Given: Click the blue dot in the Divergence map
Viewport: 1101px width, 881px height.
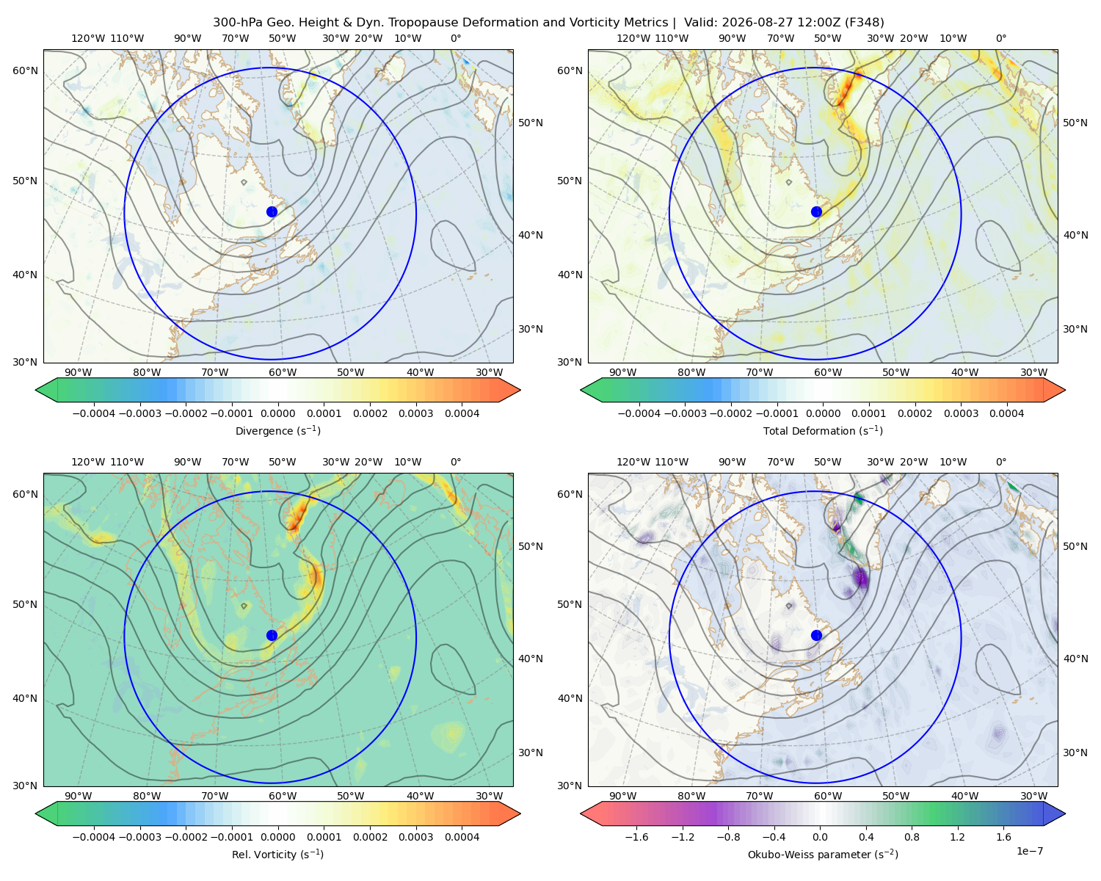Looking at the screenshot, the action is pyautogui.click(x=272, y=212).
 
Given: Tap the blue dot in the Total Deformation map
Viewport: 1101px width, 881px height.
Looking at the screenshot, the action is pyautogui.click(x=816, y=212).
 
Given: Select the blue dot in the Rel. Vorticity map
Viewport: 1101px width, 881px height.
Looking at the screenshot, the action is pyautogui.click(x=272, y=635).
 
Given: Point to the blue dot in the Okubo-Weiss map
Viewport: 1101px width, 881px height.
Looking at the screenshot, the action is pyautogui.click(x=816, y=635).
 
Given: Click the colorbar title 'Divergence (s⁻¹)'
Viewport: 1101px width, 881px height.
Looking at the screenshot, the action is pyautogui.click(x=277, y=430).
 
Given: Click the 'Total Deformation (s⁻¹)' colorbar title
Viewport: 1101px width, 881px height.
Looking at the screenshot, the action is pyautogui.click(x=823, y=430).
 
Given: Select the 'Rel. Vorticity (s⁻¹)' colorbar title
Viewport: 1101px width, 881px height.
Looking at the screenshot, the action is pyautogui.click(x=277, y=854).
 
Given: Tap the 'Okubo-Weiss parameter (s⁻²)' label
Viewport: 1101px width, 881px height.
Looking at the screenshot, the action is pyautogui.click(x=823, y=854).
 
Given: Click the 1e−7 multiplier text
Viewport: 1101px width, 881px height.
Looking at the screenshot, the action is pyautogui.click(x=1029, y=851).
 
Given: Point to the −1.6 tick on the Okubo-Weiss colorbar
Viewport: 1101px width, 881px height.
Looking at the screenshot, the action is pyautogui.click(x=636, y=837).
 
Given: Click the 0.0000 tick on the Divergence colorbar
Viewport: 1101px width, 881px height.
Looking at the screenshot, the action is pyautogui.click(x=277, y=413).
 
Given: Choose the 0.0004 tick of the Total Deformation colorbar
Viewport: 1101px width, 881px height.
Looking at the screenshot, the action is pyautogui.click(x=1007, y=413).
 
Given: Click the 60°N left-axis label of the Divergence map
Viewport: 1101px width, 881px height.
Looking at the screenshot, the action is pyautogui.click(x=25, y=70).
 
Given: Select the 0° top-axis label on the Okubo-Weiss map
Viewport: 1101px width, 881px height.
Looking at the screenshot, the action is pyautogui.click(x=1001, y=462).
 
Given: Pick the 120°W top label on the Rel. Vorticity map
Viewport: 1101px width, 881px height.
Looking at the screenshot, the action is pyautogui.click(x=88, y=462).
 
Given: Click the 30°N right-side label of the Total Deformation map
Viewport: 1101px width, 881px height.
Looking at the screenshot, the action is pyautogui.click(x=1075, y=329).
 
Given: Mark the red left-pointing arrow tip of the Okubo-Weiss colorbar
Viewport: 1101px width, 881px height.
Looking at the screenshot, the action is pyautogui.click(x=581, y=813).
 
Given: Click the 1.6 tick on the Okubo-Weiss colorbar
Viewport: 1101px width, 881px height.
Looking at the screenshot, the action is pyautogui.click(x=1004, y=837).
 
